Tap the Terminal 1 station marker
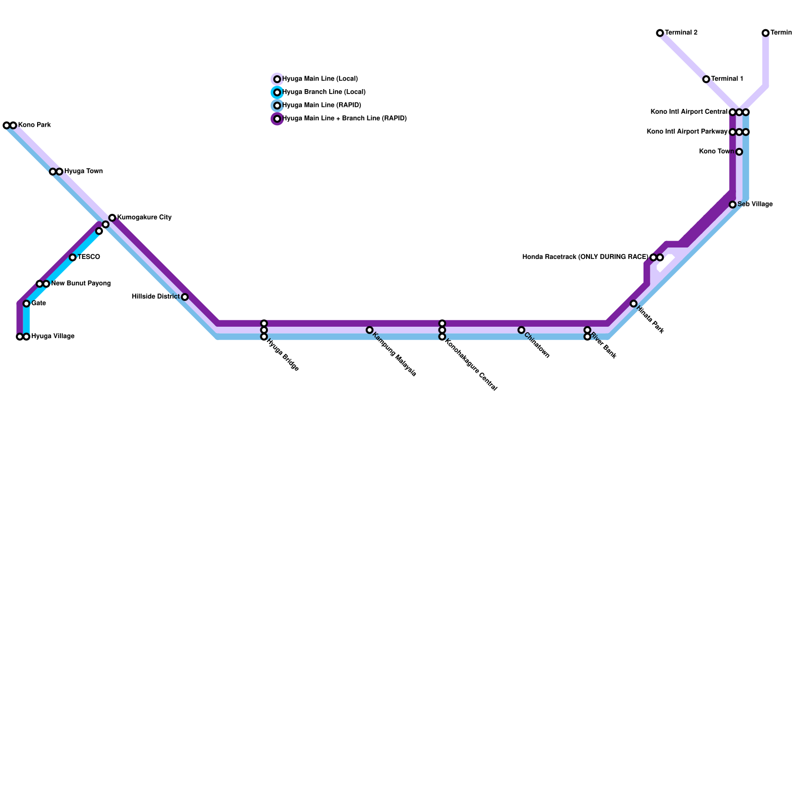point(706,79)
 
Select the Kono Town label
point(716,151)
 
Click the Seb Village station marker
point(733,204)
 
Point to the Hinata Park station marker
point(634,303)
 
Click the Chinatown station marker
point(521,330)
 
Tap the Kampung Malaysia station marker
point(369,330)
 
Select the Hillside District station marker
point(185,297)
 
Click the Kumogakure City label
point(144,217)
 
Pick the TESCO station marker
point(72,257)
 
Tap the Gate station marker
point(26,303)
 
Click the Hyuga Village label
point(52,337)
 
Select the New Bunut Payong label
point(81,284)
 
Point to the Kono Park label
point(34,125)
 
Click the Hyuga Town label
point(83,171)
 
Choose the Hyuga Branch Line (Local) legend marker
point(277,93)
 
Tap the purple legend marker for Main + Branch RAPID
point(277,119)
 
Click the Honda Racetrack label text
point(585,257)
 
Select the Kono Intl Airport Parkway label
point(687,132)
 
